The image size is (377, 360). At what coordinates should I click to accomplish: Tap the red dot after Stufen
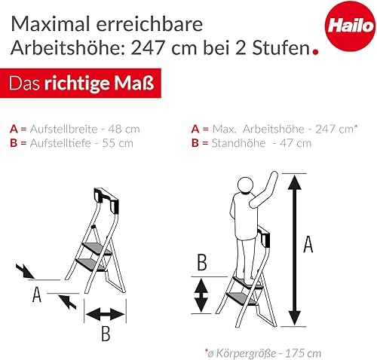coord(315,52)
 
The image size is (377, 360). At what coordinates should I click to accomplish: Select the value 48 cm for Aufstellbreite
coord(124,129)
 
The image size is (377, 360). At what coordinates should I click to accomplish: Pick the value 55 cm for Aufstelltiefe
coord(118,143)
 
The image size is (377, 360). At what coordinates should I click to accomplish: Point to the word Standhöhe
coord(238,143)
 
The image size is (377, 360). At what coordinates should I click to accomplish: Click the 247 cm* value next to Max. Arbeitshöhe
coord(336,129)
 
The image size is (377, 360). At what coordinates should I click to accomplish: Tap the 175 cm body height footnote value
coord(303,353)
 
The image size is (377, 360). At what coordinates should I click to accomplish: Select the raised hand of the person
coord(274,175)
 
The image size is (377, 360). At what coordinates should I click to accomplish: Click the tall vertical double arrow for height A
coord(294,250)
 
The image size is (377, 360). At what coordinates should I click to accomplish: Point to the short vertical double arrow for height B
coord(201,295)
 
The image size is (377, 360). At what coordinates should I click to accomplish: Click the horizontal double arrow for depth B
coord(105,314)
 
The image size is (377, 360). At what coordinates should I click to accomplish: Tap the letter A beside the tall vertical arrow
coord(308,245)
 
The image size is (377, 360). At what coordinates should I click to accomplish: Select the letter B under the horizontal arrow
coord(106,334)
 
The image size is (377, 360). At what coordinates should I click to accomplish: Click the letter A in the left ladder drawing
coord(37,294)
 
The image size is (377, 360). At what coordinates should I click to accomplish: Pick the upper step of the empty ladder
coord(97,249)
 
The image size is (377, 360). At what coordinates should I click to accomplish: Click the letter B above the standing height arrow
coord(202,262)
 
